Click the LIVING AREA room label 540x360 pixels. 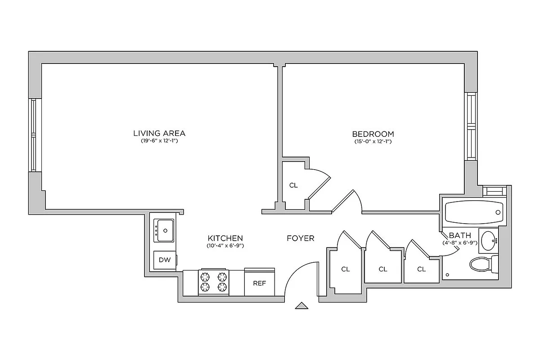tap(159, 134)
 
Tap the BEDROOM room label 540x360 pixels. tap(373, 134)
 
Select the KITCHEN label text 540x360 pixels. tap(225, 238)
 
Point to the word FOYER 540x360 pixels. tap(301, 238)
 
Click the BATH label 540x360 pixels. tap(460, 235)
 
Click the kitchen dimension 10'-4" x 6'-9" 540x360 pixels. tap(225, 246)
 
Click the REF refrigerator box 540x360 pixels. tap(259, 283)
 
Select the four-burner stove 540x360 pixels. tap(213, 283)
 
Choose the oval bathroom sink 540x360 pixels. tap(488, 240)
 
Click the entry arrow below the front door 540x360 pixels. tap(301, 306)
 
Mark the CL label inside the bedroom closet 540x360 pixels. tap(293, 185)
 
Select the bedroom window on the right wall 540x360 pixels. tap(471, 126)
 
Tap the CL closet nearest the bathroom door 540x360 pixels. tap(421, 270)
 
